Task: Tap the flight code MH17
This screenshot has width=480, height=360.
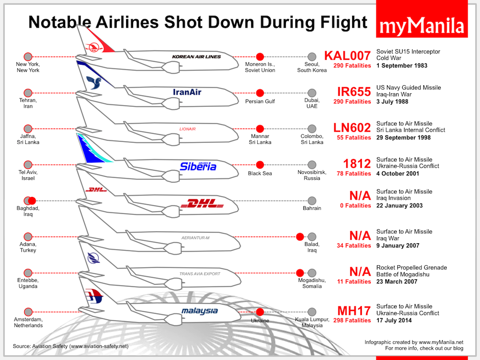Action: [354, 311]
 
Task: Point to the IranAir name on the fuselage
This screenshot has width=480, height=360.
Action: [187, 92]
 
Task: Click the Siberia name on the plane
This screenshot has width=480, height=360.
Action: [198, 166]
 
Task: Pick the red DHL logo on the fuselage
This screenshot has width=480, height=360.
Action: [203, 203]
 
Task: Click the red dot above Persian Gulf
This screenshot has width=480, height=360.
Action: [260, 93]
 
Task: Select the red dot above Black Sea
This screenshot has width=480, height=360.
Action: [260, 165]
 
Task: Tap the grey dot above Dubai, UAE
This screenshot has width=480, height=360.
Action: [312, 93]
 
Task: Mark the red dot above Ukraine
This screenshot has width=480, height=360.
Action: [260, 312]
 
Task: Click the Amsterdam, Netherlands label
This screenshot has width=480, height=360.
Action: [28, 322]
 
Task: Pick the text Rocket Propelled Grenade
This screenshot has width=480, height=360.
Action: [412, 268]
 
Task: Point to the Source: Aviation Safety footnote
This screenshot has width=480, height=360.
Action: [71, 346]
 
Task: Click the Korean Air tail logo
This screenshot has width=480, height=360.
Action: [93, 47]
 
